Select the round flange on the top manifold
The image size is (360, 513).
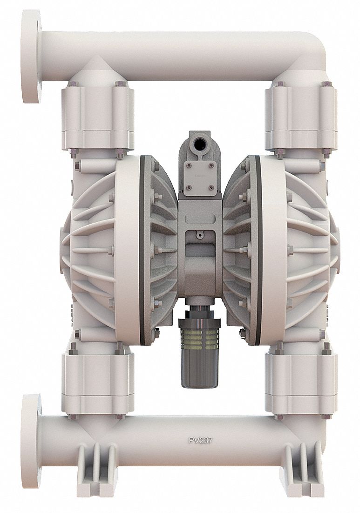pos(31,56)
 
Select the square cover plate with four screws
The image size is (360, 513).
pos(199,177)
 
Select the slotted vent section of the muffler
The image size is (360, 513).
pos(199,335)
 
